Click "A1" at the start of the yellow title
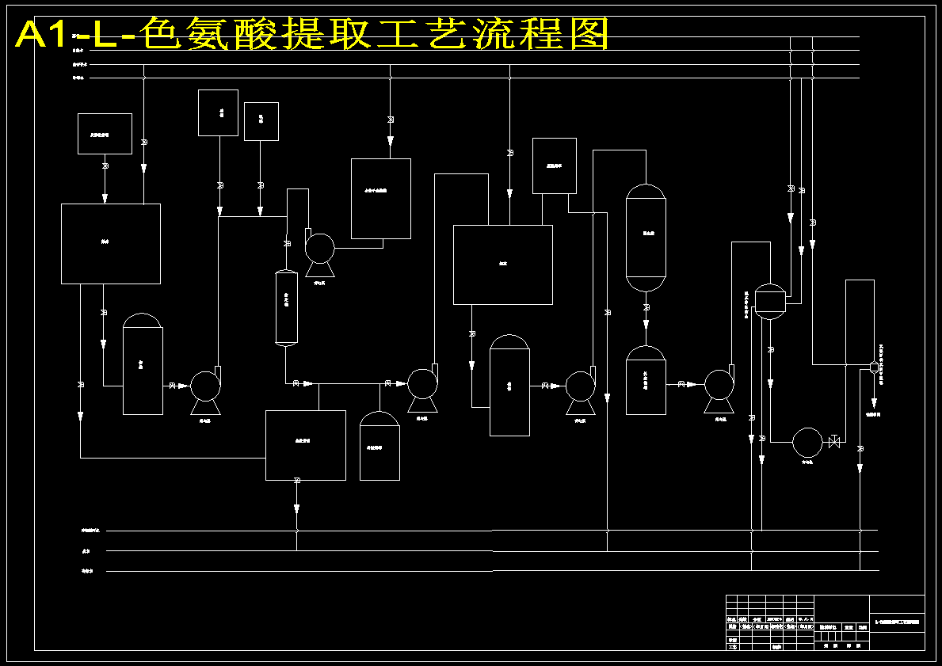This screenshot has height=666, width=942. click(41, 34)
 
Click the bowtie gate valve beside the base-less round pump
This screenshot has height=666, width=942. click(833, 442)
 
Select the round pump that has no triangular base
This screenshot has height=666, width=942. click(807, 442)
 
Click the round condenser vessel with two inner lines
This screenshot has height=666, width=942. click(768, 300)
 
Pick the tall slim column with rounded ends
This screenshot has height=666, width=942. click(285, 307)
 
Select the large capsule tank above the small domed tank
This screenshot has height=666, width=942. click(646, 238)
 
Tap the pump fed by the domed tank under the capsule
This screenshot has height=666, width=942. click(719, 385)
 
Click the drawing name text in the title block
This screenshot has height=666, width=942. click(897, 622)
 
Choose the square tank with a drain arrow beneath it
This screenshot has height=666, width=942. click(305, 445)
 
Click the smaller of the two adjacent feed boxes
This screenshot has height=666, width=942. click(261, 121)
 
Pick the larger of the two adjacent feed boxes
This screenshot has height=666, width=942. click(218, 112)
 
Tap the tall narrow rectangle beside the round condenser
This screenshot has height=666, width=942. click(860, 321)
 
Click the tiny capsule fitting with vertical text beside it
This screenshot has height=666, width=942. click(874, 367)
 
